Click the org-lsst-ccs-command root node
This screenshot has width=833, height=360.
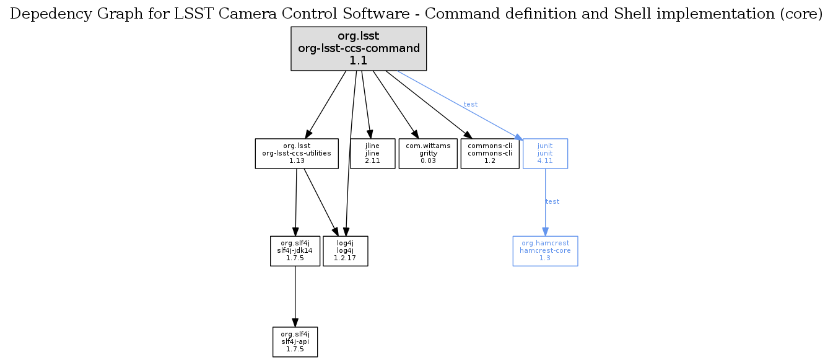(359, 48)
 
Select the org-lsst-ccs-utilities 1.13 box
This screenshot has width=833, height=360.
(297, 153)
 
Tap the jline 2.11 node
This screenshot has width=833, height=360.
(372, 153)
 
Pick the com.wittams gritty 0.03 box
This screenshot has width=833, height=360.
(427, 153)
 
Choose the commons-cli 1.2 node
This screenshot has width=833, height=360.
(489, 153)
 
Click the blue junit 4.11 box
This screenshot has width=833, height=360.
(545, 153)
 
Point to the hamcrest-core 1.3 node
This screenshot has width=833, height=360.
(545, 251)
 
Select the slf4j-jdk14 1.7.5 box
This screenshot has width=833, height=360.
(295, 251)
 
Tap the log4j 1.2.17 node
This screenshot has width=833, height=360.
(346, 251)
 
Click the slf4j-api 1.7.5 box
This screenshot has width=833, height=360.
(295, 342)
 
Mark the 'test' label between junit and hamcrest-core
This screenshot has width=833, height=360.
(552, 201)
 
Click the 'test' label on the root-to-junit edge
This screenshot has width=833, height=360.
(471, 104)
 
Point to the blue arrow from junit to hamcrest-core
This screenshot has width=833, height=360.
(545, 217)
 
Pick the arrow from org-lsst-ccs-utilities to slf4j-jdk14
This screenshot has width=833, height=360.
(296, 201)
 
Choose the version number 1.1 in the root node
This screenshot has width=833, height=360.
(359, 60)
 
